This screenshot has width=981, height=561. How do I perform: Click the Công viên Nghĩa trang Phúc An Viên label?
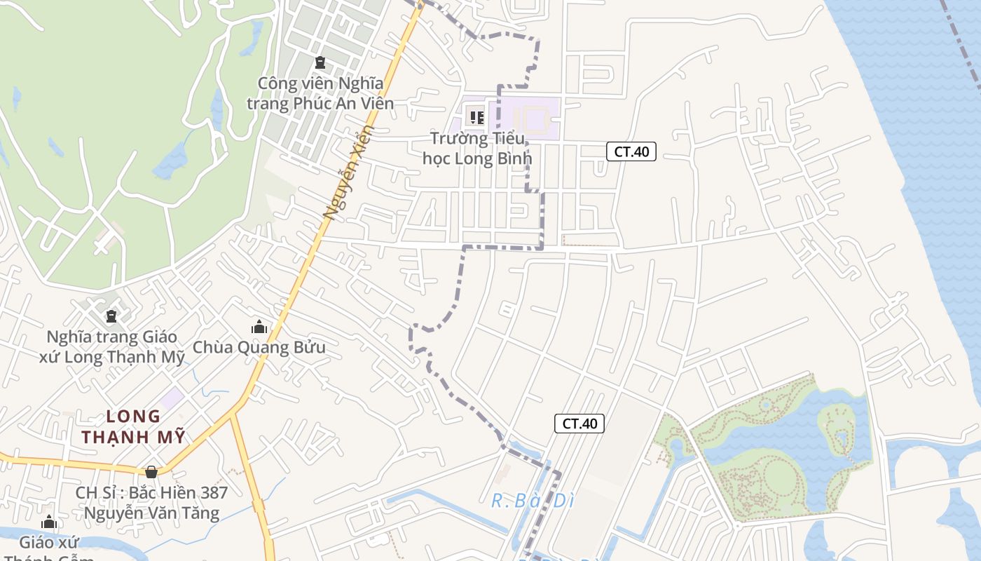[x=320, y=94]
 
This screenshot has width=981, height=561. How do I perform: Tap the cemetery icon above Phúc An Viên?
[x=320, y=63]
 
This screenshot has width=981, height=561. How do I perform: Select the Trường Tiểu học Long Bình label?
[x=477, y=148]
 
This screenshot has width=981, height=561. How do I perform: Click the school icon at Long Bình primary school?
[x=476, y=117]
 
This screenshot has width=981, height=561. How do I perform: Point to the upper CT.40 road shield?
[x=631, y=151]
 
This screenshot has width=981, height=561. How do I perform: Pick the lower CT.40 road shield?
[x=579, y=424]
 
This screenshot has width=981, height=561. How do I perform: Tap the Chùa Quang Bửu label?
[x=259, y=347]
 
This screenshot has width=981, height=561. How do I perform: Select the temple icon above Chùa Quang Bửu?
[x=259, y=327]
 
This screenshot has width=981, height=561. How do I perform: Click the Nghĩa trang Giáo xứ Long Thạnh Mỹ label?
[x=112, y=347]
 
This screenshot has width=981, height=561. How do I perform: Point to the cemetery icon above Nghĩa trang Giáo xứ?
[x=111, y=316]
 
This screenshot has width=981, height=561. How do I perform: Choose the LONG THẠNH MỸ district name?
[x=133, y=426]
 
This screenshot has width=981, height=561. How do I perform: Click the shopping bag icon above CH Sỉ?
[x=151, y=472]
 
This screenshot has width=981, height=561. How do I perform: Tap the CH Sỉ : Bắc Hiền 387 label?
[x=151, y=492]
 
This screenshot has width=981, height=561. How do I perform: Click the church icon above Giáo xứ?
[x=49, y=522]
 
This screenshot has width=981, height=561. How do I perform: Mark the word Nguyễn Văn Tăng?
[x=151, y=513]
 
